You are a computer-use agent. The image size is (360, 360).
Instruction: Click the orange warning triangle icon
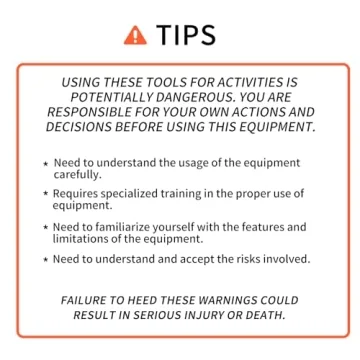(135, 35)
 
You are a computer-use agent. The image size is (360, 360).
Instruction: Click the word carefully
(77, 174)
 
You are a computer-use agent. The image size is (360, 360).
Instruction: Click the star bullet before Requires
(45, 193)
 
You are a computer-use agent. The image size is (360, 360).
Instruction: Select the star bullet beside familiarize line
(45, 227)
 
